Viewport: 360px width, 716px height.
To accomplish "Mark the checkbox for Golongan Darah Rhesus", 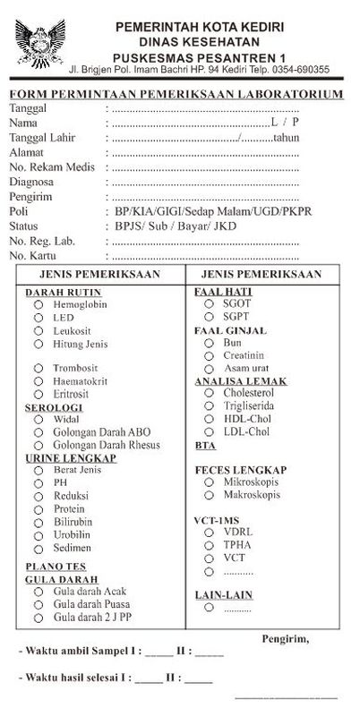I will tap(39, 446).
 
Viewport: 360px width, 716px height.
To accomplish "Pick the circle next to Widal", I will tap(39, 420).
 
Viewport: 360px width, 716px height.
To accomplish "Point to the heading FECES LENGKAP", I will tap(241, 470).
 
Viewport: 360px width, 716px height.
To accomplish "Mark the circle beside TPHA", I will tap(208, 544).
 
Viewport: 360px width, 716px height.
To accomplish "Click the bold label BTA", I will tap(205, 445).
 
